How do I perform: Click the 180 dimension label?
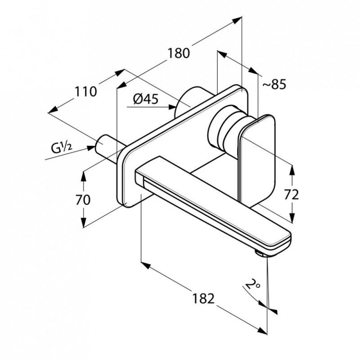coord(179,53)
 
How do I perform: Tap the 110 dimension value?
coord(86,92)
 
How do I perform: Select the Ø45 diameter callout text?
coord(146,99)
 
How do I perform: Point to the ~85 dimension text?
coord(274,84)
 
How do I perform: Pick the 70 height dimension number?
coord(83,200)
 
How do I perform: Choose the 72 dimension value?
coord(291,195)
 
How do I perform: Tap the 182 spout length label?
coord(203,298)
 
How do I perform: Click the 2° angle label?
coord(252,285)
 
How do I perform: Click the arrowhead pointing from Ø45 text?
coord(172,107)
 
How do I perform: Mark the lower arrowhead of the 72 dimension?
coord(292,218)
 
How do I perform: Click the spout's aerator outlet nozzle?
coord(261,253)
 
